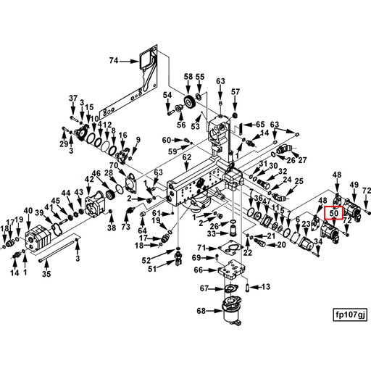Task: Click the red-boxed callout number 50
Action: coord(333,213)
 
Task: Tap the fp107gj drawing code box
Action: coord(350,314)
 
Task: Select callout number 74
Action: coord(114,60)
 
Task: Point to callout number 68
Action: coord(201,311)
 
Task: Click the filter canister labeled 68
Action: coord(231,310)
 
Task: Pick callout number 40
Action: coord(28,211)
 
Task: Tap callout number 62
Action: coord(187,157)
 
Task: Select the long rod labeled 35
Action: coord(58,248)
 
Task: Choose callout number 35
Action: coord(46,274)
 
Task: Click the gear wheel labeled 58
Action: coord(190,102)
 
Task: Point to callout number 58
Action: coord(188,77)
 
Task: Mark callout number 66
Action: coord(199,270)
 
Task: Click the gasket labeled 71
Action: coord(230,248)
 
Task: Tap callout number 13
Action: coord(266,287)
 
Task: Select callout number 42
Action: coord(89,179)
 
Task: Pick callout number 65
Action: coord(260,125)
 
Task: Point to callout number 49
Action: coord(354,185)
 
